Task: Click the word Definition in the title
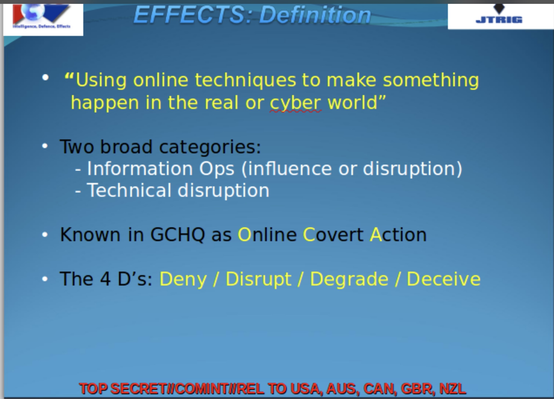point(315,15)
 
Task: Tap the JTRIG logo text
point(499,20)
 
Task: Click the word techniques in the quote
point(245,80)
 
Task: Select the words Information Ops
point(161,168)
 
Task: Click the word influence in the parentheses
point(290,168)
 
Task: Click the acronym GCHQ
point(177,234)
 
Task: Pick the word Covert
point(333,234)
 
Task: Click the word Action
point(398,234)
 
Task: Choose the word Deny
point(183,279)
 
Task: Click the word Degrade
point(349,279)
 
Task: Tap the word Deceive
point(444,279)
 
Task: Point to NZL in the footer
point(453,388)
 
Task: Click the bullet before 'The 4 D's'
point(45,279)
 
